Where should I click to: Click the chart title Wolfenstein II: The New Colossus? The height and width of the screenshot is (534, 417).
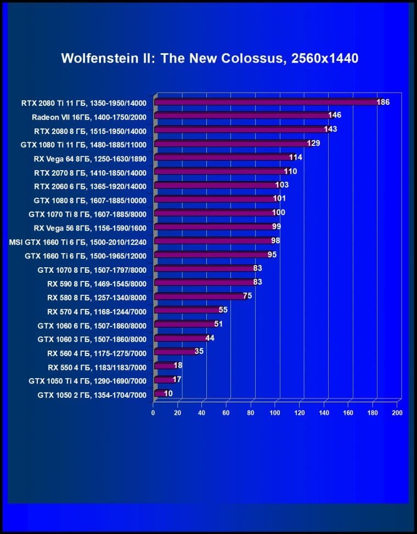point(210,58)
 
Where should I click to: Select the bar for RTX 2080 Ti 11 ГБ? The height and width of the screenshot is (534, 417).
point(266,102)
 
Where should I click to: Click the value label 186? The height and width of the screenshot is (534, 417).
point(383,102)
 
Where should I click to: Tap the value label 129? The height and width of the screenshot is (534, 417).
point(313,143)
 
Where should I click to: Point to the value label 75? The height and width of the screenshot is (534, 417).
point(247,295)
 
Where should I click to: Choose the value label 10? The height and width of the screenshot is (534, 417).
point(168,393)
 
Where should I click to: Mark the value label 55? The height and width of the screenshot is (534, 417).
point(223,310)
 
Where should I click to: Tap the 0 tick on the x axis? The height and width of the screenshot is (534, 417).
point(154,412)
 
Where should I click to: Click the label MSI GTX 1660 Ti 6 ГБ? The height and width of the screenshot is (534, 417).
point(78,241)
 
